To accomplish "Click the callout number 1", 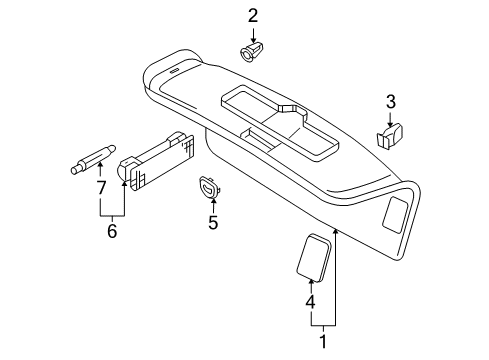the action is (323, 341).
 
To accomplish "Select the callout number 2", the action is (253, 16).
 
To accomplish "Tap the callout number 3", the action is (391, 101).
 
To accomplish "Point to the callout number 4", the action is (310, 302).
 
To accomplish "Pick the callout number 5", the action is (213, 222).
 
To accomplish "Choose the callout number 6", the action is (112, 231).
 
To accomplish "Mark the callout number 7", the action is (101, 188).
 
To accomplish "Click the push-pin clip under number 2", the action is (250, 51).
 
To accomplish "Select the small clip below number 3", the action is (390, 135).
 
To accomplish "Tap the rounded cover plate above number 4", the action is (313, 257).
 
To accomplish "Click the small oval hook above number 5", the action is (210, 187).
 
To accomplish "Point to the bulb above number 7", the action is (93, 159).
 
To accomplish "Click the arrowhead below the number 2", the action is (253, 40).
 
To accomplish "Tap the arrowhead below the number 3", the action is (390, 124).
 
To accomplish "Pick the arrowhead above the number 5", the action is (213, 199).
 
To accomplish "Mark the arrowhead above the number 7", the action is (100, 164).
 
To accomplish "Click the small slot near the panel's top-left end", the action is (175, 72).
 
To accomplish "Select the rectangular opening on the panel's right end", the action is (396, 215).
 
